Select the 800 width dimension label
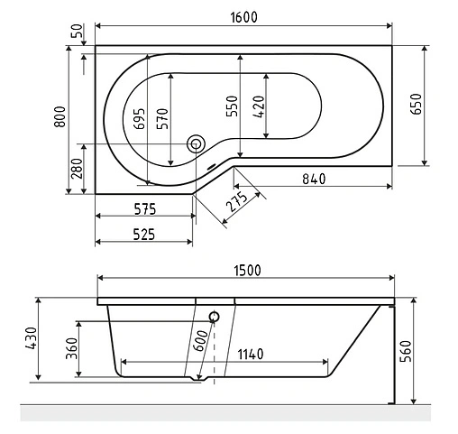(59, 119)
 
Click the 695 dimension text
(138, 118)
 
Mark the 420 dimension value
(259, 107)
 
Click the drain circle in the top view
(196, 143)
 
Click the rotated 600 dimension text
(199, 343)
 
